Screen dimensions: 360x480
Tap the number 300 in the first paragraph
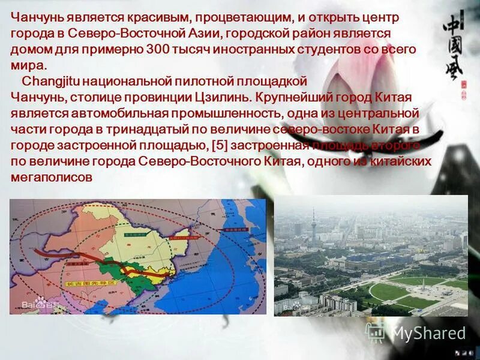pyautogui.click(x=158, y=49)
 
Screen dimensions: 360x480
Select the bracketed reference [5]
pyautogui.click(x=219, y=146)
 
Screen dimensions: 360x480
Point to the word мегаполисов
pyautogui.click(x=52, y=177)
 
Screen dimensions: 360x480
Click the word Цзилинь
pyautogui.click(x=228, y=97)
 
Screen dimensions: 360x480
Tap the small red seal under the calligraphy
pyautogui.click(x=464, y=86)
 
